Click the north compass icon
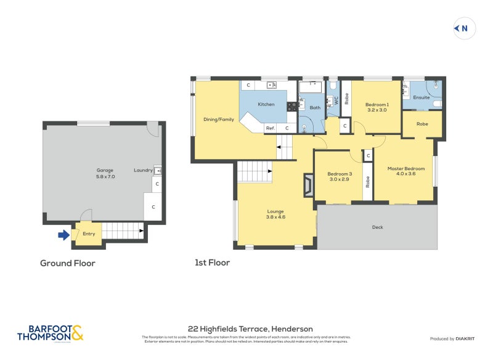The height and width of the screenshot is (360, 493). point(464,28)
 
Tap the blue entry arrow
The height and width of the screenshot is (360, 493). point(63,234)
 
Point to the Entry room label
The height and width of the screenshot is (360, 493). point(89,234)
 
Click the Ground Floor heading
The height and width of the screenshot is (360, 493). point(68,263)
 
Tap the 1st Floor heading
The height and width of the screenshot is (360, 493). point(212,263)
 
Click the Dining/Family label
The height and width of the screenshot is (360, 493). point(219,119)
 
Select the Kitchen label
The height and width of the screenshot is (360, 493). point(266,104)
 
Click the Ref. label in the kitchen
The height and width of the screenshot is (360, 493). point(270,128)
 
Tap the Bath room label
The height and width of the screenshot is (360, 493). point(315,108)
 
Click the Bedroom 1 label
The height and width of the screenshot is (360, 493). point(377,107)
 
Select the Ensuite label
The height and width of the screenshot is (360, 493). point(422,97)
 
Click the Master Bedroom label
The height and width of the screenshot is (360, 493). point(405,171)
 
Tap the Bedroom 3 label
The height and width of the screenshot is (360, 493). point(338,176)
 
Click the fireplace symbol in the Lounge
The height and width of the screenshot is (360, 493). point(308,184)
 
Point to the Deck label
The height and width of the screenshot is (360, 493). point(377,227)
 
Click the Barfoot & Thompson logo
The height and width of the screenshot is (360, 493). point(50,333)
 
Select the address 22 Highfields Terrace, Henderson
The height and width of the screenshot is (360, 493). point(250,329)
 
